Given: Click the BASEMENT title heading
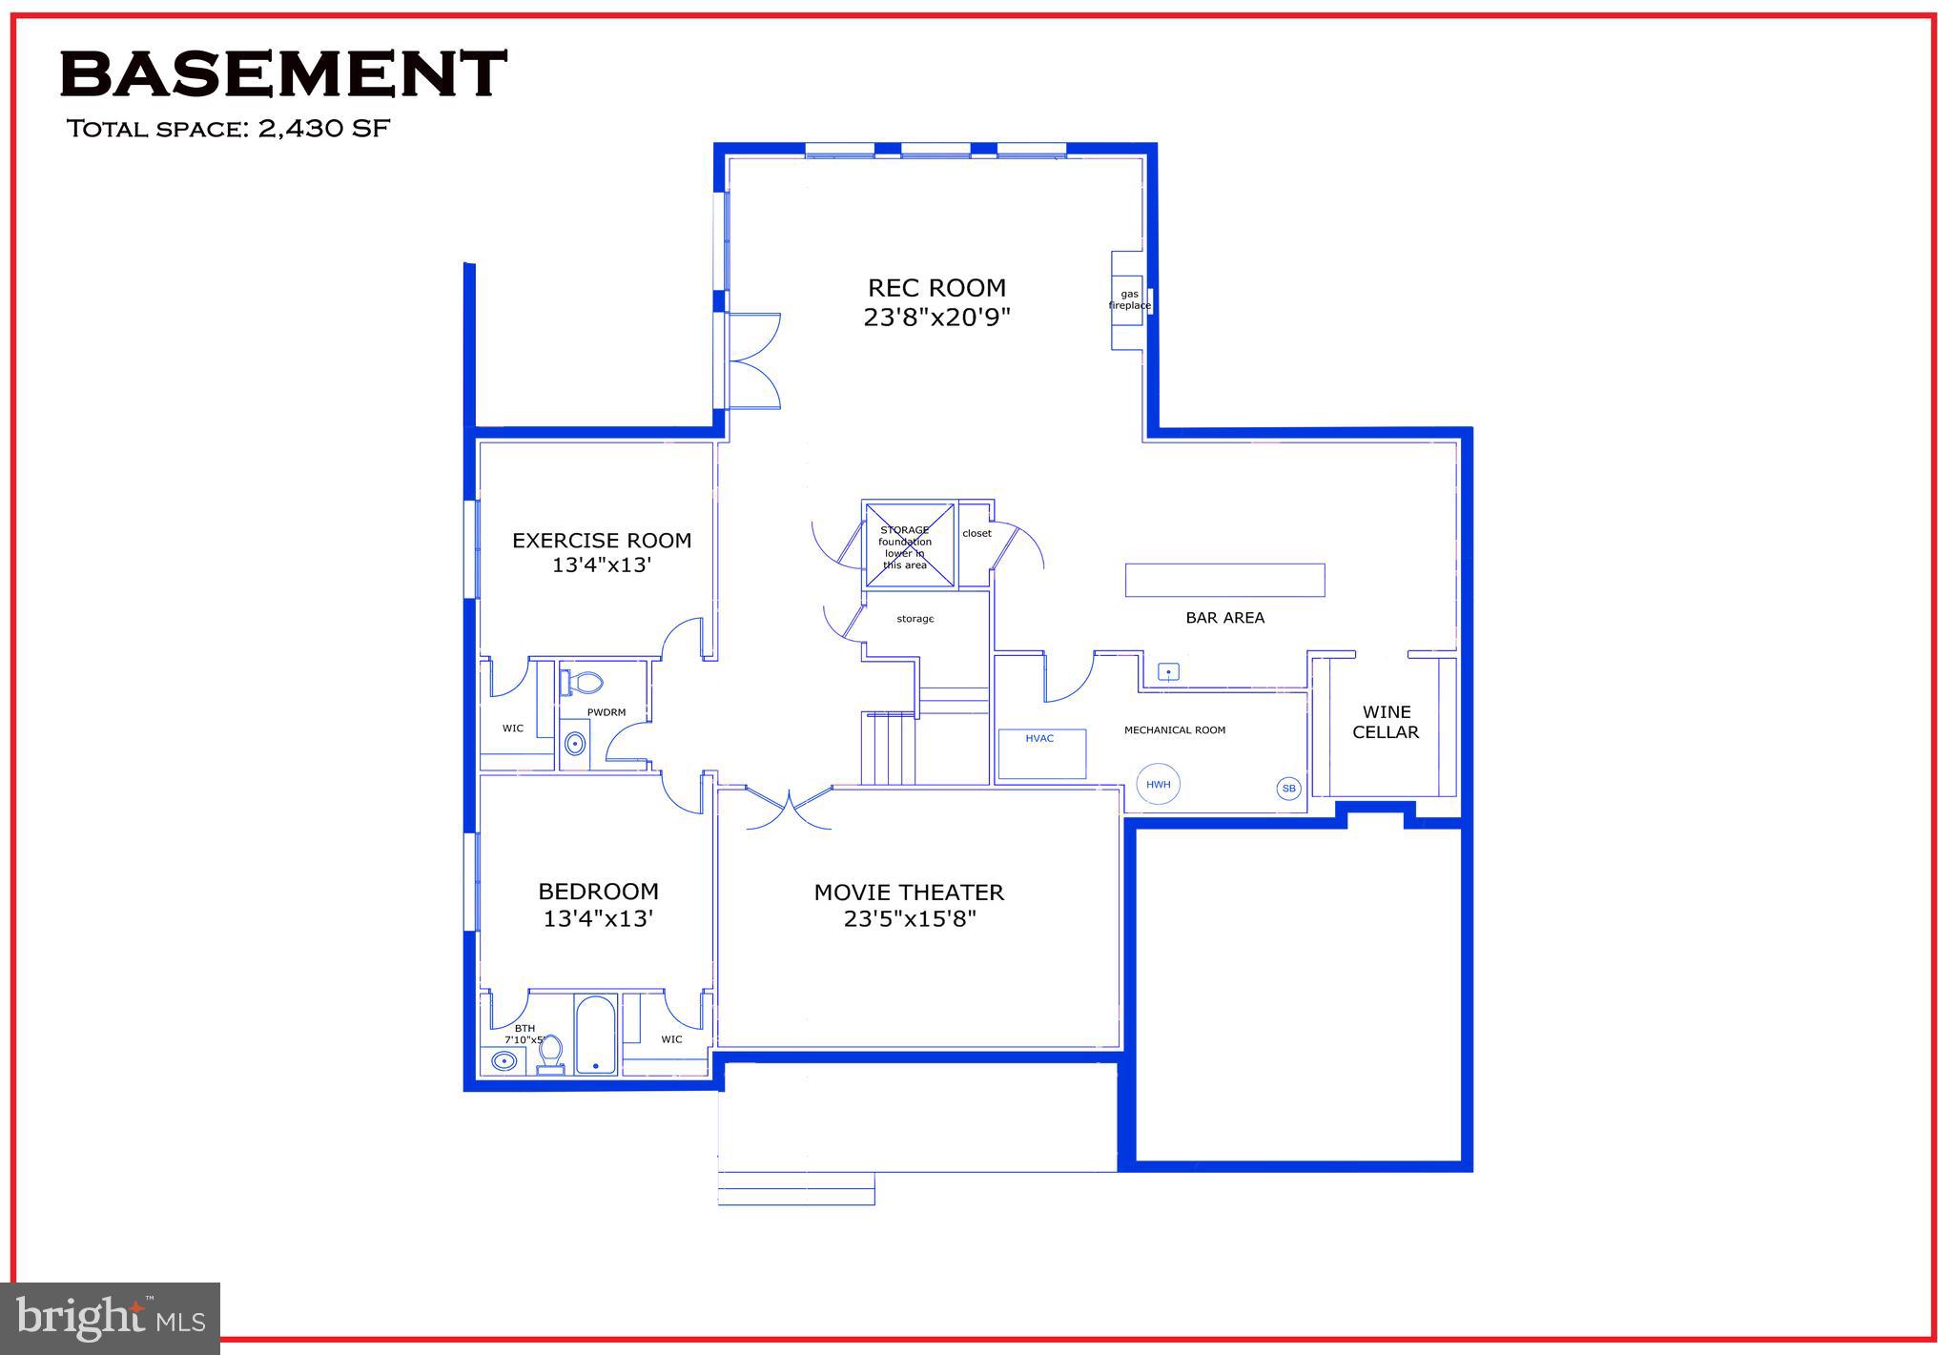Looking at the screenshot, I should click(x=282, y=74).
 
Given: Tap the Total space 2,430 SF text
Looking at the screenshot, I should click(x=228, y=129).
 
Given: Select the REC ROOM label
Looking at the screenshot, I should click(x=936, y=288).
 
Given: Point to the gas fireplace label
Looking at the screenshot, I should click(x=1129, y=300).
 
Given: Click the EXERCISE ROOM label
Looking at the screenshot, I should click(x=602, y=541).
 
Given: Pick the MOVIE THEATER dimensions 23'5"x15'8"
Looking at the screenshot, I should click(x=910, y=919).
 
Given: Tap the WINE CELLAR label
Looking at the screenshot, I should click(x=1386, y=722).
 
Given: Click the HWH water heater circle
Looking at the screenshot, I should click(x=1158, y=785).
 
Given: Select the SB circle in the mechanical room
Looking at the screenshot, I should click(x=1288, y=789).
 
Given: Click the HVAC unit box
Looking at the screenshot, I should click(x=1041, y=753).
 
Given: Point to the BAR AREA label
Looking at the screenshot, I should click(x=1224, y=618).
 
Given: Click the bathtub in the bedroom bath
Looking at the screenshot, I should click(x=596, y=1035).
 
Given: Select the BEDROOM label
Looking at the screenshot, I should click(x=598, y=892).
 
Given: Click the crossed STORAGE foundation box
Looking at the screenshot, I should click(x=908, y=544).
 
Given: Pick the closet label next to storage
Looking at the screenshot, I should click(x=976, y=533).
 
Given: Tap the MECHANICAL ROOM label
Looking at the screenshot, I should click(x=1174, y=730).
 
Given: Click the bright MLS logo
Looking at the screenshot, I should click(x=111, y=1318).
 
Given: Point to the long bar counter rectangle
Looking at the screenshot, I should click(x=1224, y=580).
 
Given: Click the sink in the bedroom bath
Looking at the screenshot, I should click(x=504, y=1060).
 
